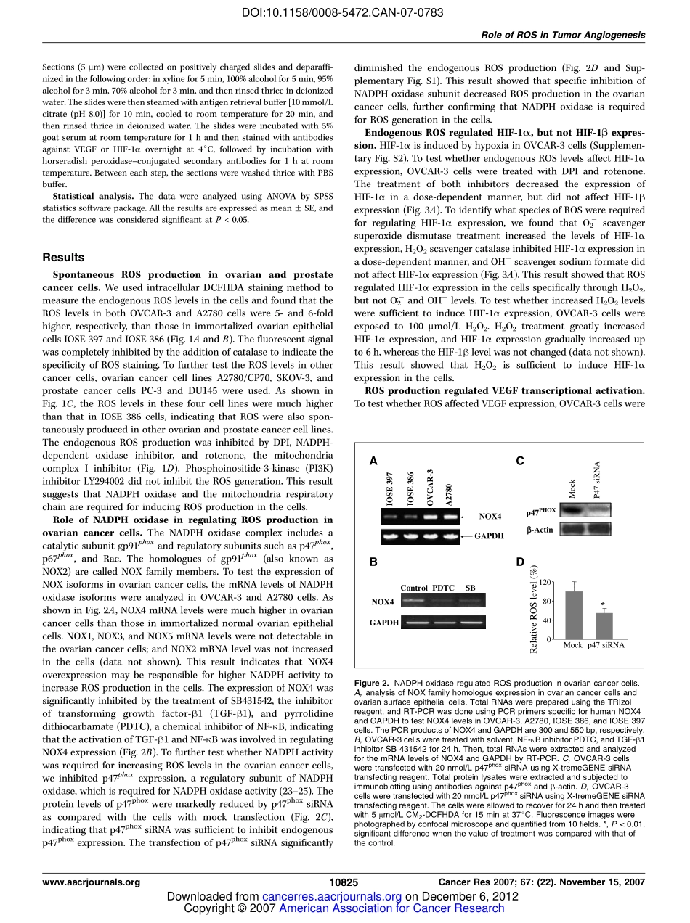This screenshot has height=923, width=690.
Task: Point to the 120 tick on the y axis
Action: point(545,583)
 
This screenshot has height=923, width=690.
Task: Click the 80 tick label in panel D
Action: point(547,602)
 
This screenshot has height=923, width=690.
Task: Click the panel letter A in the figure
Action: point(373,460)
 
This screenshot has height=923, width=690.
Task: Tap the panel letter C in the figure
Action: point(519,460)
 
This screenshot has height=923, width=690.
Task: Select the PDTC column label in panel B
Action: point(443,587)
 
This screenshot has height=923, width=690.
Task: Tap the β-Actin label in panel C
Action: point(540,529)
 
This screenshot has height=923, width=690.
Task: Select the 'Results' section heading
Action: point(63,257)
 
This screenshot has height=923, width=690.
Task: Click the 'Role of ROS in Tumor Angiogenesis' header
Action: point(563,35)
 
